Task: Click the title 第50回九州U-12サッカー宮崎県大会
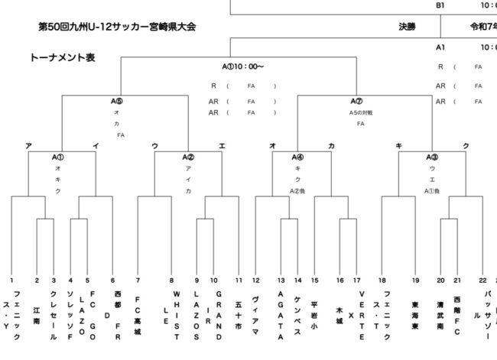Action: (x=117, y=28)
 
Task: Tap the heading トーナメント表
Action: (x=63, y=58)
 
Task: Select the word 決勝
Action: (x=407, y=26)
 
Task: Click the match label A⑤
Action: (x=117, y=100)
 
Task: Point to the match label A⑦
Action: (x=356, y=100)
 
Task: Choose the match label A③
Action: (x=432, y=157)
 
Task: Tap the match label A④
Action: (x=297, y=157)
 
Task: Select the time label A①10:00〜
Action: (x=243, y=66)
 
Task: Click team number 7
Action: (x=138, y=280)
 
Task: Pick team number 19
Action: (x=415, y=280)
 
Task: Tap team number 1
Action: (x=12, y=280)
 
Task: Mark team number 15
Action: (x=314, y=280)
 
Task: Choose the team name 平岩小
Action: (x=314, y=309)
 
